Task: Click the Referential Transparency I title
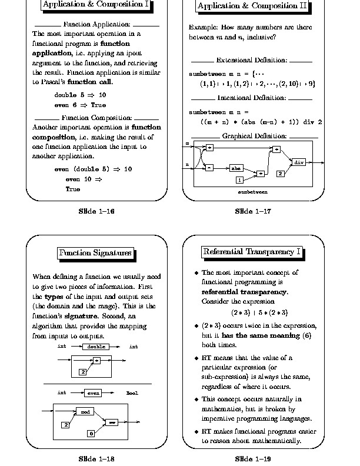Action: pos(252,252)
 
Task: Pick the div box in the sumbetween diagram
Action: pos(299,161)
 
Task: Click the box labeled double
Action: pos(96,347)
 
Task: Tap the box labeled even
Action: pos(93,392)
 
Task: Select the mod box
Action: pos(84,411)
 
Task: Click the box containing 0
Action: pos(91,434)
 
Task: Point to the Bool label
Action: pos(132,392)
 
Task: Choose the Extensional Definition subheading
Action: pos(252,60)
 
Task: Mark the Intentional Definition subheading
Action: pos(252,98)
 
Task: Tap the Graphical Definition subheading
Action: pos(254,136)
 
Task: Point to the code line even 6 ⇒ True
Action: pos(80,105)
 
